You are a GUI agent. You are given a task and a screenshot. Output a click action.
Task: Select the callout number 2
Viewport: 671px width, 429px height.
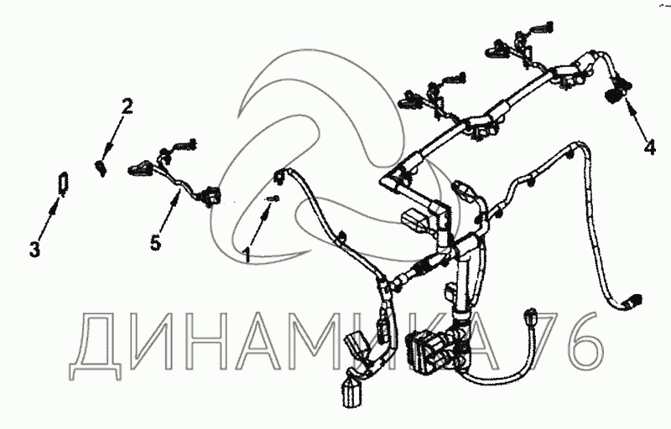[x=127, y=106]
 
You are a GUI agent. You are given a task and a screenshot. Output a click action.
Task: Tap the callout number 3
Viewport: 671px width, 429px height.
[x=34, y=249]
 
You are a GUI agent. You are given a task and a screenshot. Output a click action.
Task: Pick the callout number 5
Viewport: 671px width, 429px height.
[x=155, y=243]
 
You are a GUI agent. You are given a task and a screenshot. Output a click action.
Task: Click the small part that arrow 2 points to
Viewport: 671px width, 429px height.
[x=101, y=167]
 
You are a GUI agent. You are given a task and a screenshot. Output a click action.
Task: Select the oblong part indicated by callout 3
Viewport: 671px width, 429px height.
[x=61, y=182]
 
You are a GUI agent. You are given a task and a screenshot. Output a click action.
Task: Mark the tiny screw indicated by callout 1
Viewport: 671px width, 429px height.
[x=273, y=199]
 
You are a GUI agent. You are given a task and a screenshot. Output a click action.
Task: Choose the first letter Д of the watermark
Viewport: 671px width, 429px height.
[x=94, y=346]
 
